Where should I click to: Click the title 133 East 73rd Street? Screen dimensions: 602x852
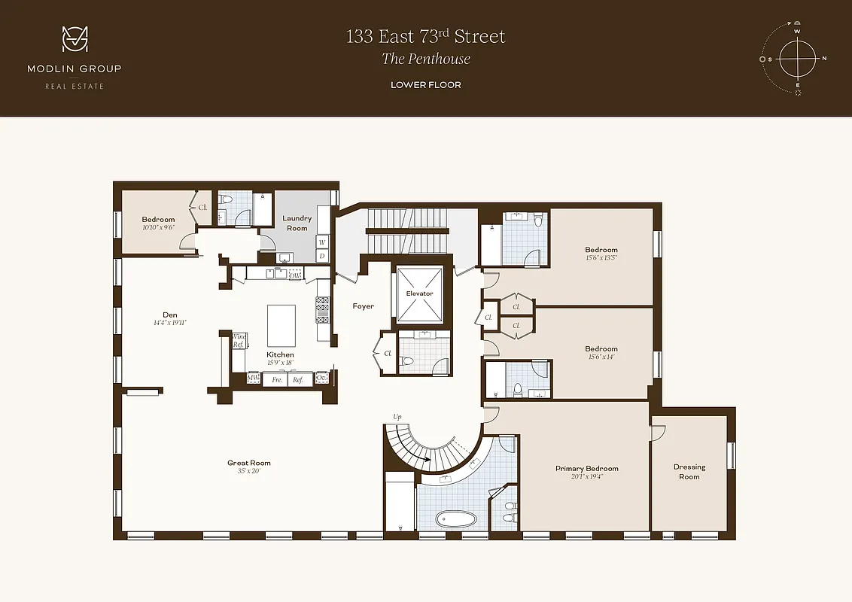coord(425,36)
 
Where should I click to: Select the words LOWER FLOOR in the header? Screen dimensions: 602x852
coord(425,85)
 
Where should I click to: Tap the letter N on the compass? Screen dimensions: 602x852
coord(824,58)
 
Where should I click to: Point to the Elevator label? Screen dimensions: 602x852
coord(419,293)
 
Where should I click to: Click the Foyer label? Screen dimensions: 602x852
coord(364,306)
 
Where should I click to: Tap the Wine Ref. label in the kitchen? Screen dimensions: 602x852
coord(239,340)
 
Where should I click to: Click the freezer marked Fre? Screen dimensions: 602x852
coord(277,380)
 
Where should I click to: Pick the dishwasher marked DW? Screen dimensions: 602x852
coord(295,275)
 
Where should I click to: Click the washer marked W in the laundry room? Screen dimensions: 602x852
coord(322,242)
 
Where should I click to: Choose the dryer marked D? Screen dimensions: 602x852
coord(322,256)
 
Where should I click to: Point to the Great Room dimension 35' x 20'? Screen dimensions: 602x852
coord(249,472)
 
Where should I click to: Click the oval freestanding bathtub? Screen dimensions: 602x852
coord(456,519)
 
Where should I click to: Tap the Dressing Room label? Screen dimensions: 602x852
coord(689,472)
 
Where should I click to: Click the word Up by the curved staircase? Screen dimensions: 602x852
coord(397,416)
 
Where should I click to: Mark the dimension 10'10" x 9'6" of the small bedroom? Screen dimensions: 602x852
coord(158,227)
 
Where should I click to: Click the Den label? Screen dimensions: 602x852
coord(169,315)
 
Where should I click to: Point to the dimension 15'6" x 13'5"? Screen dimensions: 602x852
coord(601,257)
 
